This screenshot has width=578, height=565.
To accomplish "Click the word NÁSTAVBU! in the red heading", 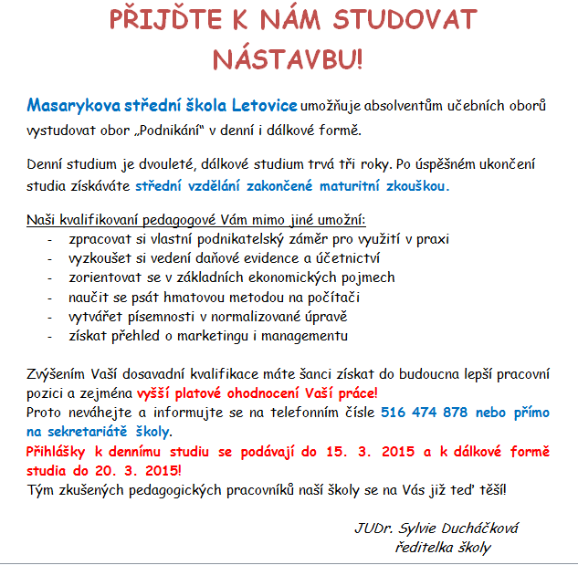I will click(x=288, y=58).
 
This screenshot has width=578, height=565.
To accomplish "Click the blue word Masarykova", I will click(x=70, y=105).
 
